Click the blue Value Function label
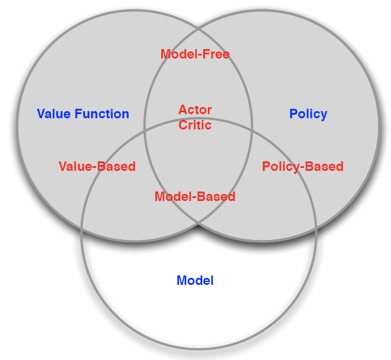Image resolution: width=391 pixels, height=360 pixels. point(83,113)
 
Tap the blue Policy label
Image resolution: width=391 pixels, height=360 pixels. point(308,113)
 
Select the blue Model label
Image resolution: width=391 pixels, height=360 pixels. point(195,280)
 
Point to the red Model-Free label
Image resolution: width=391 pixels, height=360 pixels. point(195,54)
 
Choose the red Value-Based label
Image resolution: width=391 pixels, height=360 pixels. point(97,166)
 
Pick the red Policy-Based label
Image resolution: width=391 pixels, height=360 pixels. point(302,166)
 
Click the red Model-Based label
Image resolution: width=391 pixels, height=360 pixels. point(195,196)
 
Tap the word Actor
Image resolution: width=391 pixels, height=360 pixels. point(195,110)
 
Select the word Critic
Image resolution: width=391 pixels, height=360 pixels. point(195,125)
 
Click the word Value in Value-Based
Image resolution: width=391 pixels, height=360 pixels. point(74,166)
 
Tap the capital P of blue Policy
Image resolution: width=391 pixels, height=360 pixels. point(293,113)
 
